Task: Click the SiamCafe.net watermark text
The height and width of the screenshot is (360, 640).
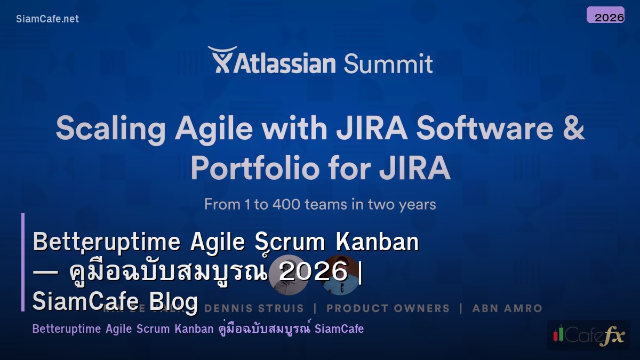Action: click(47, 19)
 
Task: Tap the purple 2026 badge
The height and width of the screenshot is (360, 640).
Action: click(605, 15)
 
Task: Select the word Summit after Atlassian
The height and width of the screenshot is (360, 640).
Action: click(388, 64)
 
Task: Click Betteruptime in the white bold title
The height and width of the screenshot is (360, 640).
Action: click(107, 242)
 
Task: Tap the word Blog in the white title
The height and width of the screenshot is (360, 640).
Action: click(173, 302)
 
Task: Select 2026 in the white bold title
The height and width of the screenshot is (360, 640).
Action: click(314, 272)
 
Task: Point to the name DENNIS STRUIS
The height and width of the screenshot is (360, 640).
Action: click(254, 308)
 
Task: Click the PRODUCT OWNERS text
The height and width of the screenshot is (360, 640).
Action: click(388, 308)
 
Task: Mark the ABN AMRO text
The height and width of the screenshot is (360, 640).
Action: click(507, 308)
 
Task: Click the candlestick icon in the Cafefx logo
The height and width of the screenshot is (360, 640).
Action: click(558, 334)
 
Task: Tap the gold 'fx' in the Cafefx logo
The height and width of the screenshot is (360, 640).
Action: click(612, 336)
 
